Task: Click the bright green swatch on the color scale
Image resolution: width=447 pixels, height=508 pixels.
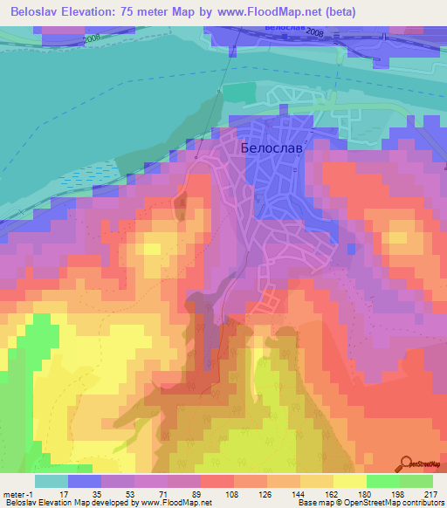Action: tap(383, 481)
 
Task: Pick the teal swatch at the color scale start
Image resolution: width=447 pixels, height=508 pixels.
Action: tap(52, 481)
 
